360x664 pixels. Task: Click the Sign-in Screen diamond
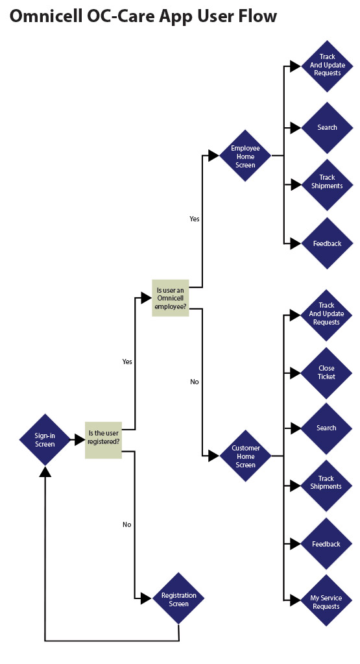coord(45,439)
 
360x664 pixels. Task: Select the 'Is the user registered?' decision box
coord(104,440)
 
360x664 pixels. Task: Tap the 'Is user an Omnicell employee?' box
coord(171,298)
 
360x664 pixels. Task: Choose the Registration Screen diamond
coord(178,598)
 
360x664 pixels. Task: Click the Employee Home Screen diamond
coord(245,155)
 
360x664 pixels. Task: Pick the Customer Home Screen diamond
coord(245,456)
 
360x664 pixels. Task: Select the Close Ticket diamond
coord(326,373)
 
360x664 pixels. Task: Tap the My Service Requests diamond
coord(326,600)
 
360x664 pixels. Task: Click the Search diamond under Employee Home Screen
coord(327,127)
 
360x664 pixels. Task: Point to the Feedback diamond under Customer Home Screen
coord(326,544)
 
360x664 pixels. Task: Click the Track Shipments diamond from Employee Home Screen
coord(327,184)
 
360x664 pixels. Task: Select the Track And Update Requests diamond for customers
coord(326,315)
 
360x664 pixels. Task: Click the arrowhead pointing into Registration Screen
coord(146,598)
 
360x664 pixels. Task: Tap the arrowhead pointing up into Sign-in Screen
coord(45,471)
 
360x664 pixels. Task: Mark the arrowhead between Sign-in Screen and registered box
coord(80,440)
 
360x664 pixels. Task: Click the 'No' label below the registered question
coord(127,524)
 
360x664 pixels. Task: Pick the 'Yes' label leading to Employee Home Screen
coord(194,219)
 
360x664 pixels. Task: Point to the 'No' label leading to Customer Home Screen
coord(194,382)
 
